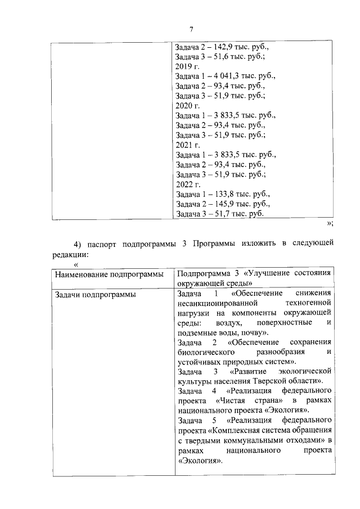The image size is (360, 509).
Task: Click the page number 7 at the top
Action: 191,30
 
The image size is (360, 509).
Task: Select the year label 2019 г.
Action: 187,66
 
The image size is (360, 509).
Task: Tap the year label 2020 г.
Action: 187,105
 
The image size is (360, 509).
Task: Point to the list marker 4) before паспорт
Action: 78,243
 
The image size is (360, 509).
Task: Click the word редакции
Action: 69,254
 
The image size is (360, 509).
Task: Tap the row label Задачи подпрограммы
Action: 94,294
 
